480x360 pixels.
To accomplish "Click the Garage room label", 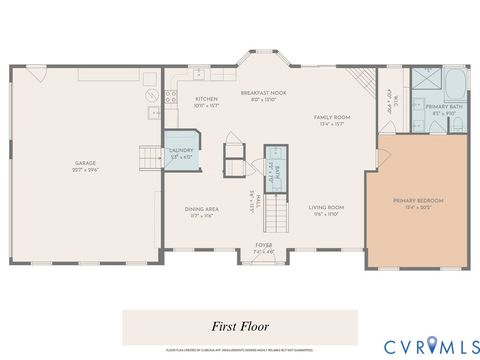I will coord(85,163).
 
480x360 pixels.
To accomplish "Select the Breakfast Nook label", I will coord(263,93).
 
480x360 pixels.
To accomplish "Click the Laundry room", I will coord(180,153).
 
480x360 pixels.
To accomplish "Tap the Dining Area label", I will coord(201,209).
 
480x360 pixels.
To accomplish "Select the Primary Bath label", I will coord(442,106).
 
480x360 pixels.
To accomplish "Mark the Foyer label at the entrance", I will coord(264,244).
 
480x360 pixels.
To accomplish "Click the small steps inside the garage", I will coord(150,157).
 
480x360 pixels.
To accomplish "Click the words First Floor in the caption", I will coord(239,326).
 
